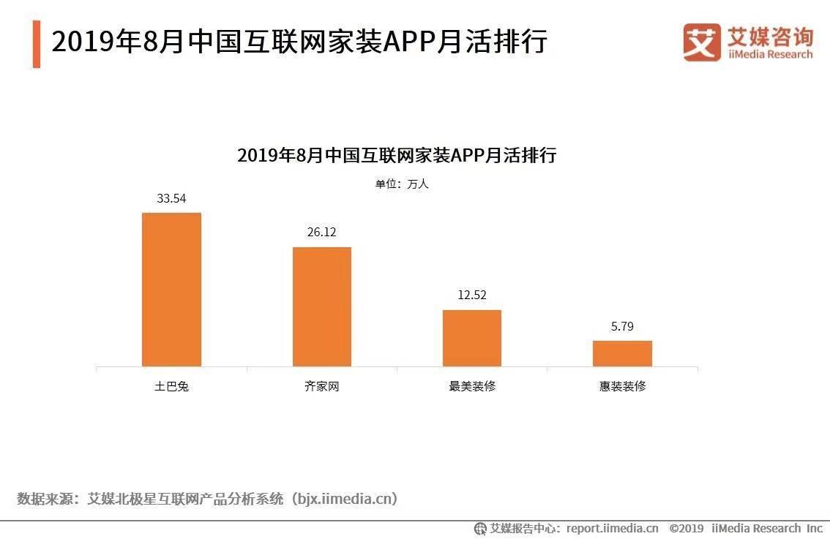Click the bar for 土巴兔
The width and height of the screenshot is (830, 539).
coord(171,290)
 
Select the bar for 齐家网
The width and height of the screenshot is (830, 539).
coord(322,306)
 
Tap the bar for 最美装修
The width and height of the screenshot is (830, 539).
coord(472,338)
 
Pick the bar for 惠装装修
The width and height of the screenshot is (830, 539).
coord(622,353)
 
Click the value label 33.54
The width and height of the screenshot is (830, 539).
coord(171,198)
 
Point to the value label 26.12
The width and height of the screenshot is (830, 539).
coord(322,233)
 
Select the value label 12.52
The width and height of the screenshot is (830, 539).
coord(472,295)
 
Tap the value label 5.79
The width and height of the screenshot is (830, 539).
coord(622,326)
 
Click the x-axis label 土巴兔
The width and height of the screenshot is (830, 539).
coord(171,386)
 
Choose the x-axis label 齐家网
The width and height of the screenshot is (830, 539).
coord(322,386)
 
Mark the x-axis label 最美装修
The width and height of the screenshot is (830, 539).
coord(472,386)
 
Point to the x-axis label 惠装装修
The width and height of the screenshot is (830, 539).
coord(622,386)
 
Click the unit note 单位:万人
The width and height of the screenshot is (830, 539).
coord(402,184)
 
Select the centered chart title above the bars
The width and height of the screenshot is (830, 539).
coord(397,155)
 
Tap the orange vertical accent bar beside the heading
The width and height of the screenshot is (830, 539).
coord(37,44)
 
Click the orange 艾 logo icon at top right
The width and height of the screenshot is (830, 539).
coord(701,42)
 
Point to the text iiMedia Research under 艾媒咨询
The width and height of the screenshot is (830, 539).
coord(769,54)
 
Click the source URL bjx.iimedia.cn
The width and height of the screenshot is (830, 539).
coord(343,499)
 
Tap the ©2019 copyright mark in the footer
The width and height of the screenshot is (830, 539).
coord(686,528)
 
